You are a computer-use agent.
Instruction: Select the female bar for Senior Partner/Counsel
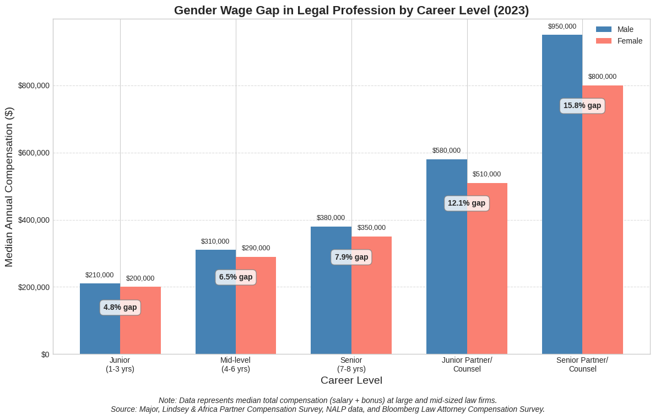(603, 232)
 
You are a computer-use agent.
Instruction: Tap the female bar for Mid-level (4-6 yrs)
(256, 314)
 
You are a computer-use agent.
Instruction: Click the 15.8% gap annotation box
(582, 106)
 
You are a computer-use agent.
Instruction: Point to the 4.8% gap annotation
(120, 308)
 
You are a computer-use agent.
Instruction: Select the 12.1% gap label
(467, 203)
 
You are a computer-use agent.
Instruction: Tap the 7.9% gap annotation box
(351, 257)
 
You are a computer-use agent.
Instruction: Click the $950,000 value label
(562, 26)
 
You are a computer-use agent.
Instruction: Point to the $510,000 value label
(487, 174)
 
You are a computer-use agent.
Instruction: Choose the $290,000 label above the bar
(256, 248)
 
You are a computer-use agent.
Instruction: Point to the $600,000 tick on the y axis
(34, 153)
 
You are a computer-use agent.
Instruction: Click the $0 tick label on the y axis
(45, 354)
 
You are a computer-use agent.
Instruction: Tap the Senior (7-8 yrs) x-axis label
(351, 364)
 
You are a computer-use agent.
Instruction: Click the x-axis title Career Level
(351, 380)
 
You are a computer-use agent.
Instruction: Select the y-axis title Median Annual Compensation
(9, 186)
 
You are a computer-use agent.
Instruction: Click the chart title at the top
(351, 10)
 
